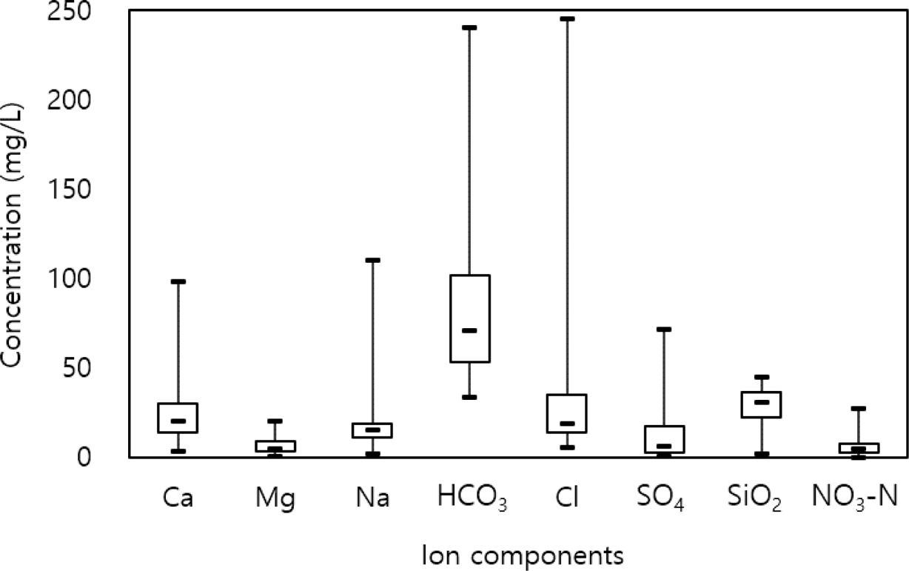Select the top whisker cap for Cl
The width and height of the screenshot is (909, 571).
tap(567, 19)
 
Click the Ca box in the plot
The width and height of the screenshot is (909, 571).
tap(178, 418)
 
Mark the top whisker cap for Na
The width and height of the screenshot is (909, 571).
tap(373, 260)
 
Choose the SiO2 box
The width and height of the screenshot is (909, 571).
tap(762, 404)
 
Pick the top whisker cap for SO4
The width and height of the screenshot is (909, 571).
tap(664, 329)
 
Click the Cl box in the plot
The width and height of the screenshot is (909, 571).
tap(567, 413)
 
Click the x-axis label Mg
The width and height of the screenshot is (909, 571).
tap(275, 499)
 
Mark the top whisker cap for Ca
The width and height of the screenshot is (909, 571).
tap(178, 281)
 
